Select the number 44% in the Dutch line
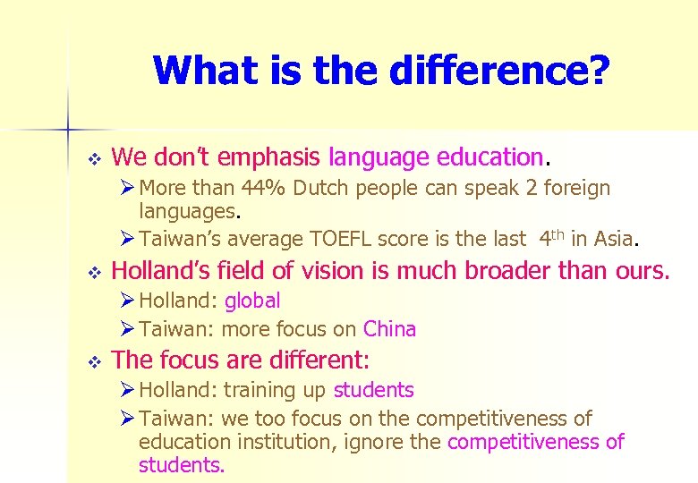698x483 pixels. tap(274, 189)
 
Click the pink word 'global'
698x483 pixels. tap(252, 301)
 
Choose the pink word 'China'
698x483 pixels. tap(389, 329)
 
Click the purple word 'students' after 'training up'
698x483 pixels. tap(373, 390)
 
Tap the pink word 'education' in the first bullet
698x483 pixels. tap(489, 157)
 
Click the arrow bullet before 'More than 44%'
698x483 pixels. tap(128, 189)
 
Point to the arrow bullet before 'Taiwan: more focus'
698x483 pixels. tap(128, 329)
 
